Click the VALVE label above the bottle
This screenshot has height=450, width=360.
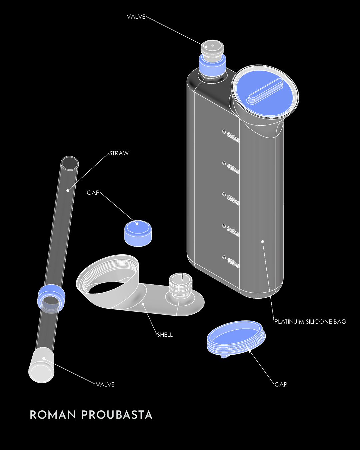(136, 17)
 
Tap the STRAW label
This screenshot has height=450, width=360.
(119, 153)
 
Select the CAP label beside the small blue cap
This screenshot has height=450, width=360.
(93, 193)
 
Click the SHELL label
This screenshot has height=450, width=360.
(165, 335)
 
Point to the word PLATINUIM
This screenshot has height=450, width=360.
(289, 322)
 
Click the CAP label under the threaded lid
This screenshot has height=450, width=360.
(281, 384)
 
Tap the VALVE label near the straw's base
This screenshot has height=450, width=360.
(105, 385)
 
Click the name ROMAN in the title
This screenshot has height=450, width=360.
(53, 415)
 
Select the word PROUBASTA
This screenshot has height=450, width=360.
(117, 415)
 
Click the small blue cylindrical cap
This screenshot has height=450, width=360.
(138, 233)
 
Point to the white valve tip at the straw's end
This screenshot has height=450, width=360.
(41, 366)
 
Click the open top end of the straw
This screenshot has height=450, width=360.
(70, 163)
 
